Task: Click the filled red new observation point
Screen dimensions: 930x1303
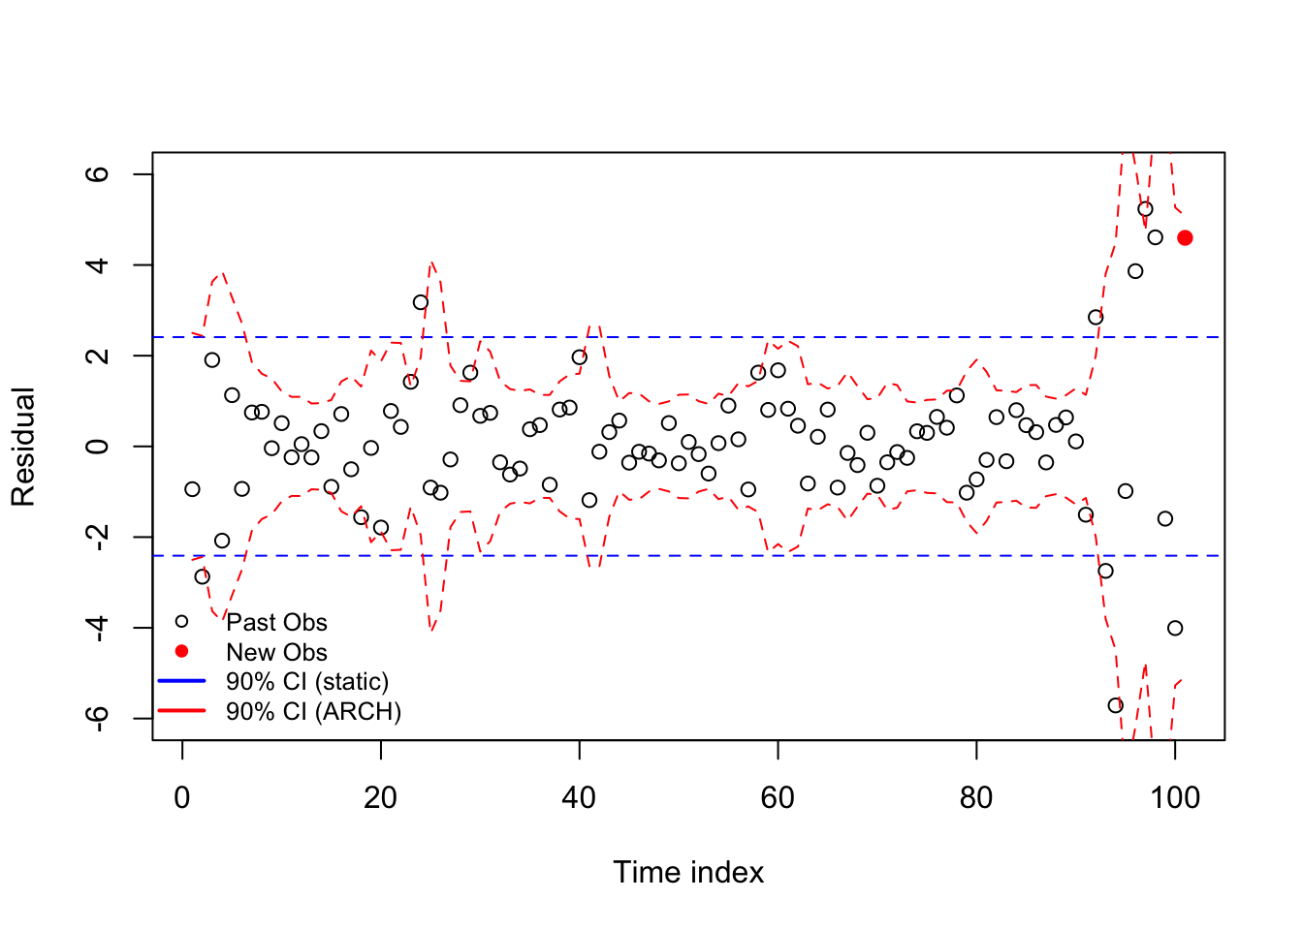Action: point(1185,237)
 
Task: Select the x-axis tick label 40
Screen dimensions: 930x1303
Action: point(579,798)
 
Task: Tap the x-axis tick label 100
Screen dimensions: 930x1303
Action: point(1174,798)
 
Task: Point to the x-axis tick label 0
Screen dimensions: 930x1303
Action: point(182,798)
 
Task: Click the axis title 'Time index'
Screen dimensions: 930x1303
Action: point(688,873)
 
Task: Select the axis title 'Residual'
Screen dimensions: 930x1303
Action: point(23,447)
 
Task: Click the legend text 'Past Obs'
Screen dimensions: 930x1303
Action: point(276,622)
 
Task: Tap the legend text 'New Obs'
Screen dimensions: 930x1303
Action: point(276,652)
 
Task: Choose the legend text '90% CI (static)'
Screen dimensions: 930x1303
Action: point(307,682)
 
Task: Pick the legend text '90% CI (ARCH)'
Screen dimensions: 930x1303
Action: point(313,712)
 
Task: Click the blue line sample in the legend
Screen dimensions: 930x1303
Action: point(181,681)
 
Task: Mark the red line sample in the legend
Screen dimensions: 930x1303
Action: point(181,711)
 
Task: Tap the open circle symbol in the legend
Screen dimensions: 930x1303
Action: point(181,621)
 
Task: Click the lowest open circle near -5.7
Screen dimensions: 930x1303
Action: point(1115,705)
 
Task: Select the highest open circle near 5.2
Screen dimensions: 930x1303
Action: point(1145,208)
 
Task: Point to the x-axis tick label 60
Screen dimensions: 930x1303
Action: point(778,798)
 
